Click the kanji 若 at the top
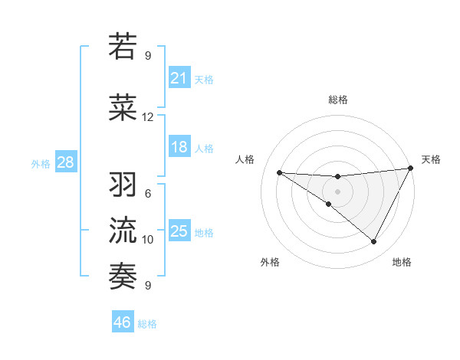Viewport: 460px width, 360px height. click(x=123, y=47)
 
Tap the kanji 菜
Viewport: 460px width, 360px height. click(x=123, y=108)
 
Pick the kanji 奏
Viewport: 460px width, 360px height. click(x=123, y=277)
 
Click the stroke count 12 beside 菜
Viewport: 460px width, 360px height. click(x=147, y=117)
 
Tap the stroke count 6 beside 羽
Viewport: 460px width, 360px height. click(x=147, y=194)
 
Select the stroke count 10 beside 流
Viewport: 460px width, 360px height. click(x=147, y=240)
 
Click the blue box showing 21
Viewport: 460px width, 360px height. click(x=179, y=77)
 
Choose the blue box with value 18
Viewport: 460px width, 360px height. click(x=179, y=147)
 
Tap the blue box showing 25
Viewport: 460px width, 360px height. click(x=179, y=231)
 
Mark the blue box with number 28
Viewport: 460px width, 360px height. click(x=64, y=162)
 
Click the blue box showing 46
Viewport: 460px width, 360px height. click(x=123, y=322)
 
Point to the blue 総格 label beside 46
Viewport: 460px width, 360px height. click(x=147, y=324)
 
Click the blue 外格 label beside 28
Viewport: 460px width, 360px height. click(x=41, y=164)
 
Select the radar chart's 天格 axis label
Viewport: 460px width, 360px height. click(x=431, y=159)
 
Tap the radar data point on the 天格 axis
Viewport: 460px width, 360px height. click(x=410, y=169)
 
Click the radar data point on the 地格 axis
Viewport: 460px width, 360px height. click(x=374, y=242)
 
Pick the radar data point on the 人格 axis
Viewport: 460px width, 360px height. click(x=279, y=172)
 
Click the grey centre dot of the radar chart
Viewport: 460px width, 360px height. click(x=337, y=191)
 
